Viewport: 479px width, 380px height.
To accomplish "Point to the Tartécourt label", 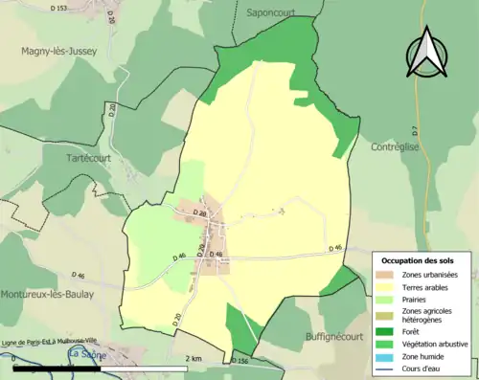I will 90,157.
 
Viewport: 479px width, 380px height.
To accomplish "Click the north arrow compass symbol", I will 427,52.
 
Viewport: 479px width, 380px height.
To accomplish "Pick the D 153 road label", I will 58,9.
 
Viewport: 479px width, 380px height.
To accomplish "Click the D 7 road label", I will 416,128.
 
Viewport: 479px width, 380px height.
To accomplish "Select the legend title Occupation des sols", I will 419,260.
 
